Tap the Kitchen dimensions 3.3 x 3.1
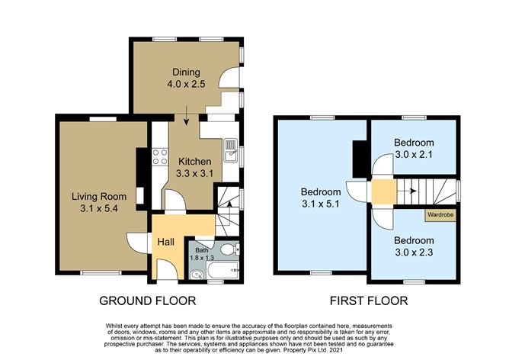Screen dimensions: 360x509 click(194, 173)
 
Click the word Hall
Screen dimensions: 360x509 click(166, 243)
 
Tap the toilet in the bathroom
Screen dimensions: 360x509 click(232, 248)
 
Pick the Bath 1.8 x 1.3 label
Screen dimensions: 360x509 click(202, 255)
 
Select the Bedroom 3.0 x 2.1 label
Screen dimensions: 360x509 click(414, 148)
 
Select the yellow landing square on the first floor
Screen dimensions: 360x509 click(380, 191)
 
